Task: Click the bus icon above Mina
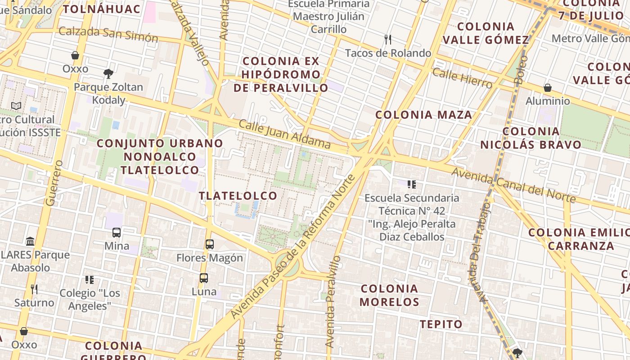(117, 233)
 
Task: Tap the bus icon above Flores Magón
(210, 244)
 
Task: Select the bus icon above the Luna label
(204, 278)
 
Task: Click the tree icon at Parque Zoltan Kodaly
(108, 73)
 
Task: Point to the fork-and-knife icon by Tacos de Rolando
(388, 40)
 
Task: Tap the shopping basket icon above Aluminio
(548, 87)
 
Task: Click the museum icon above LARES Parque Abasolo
(30, 241)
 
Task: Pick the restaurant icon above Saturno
(34, 288)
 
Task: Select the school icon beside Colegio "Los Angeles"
(90, 280)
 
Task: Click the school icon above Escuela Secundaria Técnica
(411, 184)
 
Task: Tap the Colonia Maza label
(424, 115)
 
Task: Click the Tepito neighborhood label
(441, 324)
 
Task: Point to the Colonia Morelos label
(390, 295)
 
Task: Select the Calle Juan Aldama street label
(285, 134)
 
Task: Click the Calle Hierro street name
(462, 78)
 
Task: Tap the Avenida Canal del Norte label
(513, 185)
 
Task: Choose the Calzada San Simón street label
(108, 34)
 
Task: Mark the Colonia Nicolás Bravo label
(531, 138)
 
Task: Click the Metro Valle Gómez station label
(590, 38)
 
